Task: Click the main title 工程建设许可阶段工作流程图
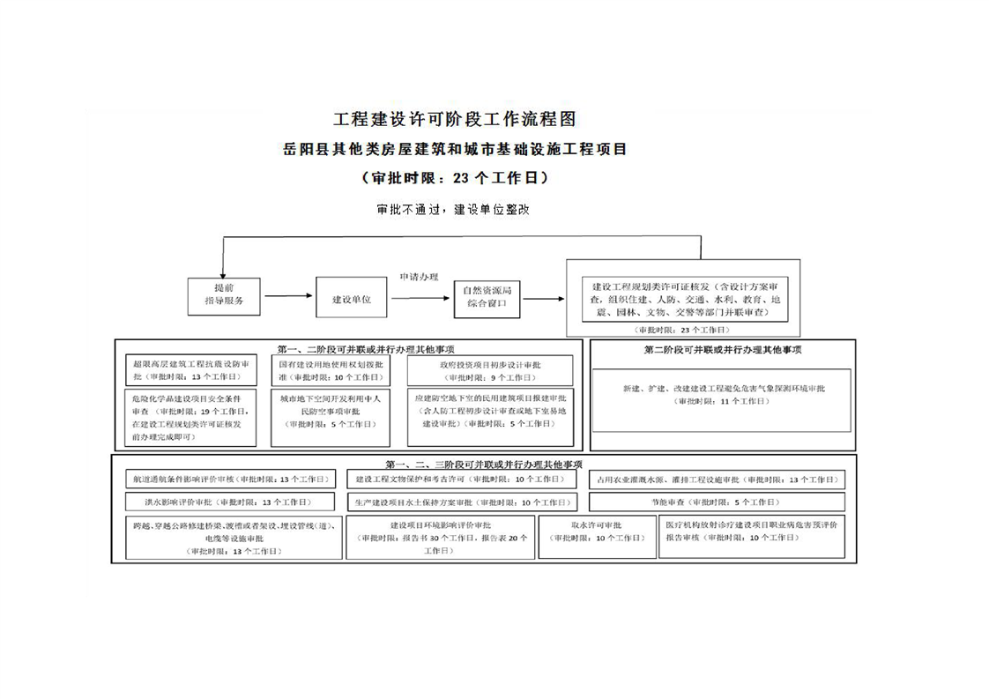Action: pyautogui.click(x=455, y=119)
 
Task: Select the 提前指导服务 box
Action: pyautogui.click(x=225, y=296)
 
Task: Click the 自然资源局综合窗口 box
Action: pyautogui.click(x=487, y=297)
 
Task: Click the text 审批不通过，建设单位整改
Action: pyautogui.click(x=452, y=211)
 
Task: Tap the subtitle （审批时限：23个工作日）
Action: pyautogui.click(x=455, y=177)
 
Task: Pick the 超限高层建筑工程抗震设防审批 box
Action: pyautogui.click(x=191, y=370)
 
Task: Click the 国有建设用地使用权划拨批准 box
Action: pyautogui.click(x=331, y=370)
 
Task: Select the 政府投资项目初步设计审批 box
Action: pyautogui.click(x=491, y=370)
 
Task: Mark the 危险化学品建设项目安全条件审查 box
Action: pyautogui.click(x=191, y=416)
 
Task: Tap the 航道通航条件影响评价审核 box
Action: pyautogui.click(x=229, y=480)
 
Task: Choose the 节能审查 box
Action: pyautogui.click(x=716, y=502)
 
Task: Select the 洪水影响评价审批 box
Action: pyautogui.click(x=229, y=502)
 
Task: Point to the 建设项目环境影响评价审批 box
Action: pyautogui.click(x=441, y=537)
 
